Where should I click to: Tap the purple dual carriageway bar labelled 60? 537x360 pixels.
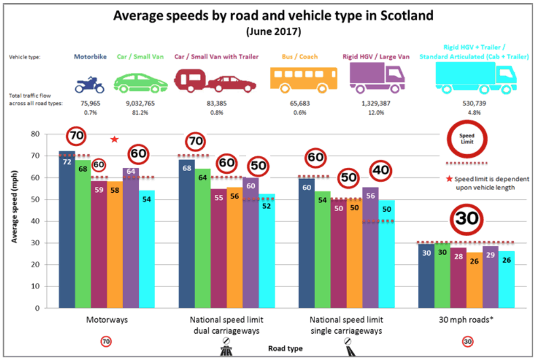(251, 242)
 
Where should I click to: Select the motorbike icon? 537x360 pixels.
(90, 83)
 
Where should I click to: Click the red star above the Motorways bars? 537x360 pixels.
(114, 139)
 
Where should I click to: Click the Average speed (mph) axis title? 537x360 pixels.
(16, 210)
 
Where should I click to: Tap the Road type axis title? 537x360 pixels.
(285, 348)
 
